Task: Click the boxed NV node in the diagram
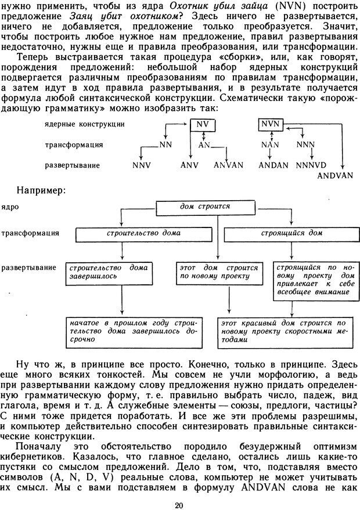(x=202, y=124)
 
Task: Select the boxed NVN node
(x=270, y=124)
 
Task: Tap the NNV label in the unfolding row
(x=142, y=165)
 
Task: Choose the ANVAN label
(x=228, y=165)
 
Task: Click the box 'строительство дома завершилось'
(x=108, y=272)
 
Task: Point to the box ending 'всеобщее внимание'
(x=314, y=281)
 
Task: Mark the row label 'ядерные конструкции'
(x=84, y=124)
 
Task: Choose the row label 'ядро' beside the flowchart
(x=10, y=206)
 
